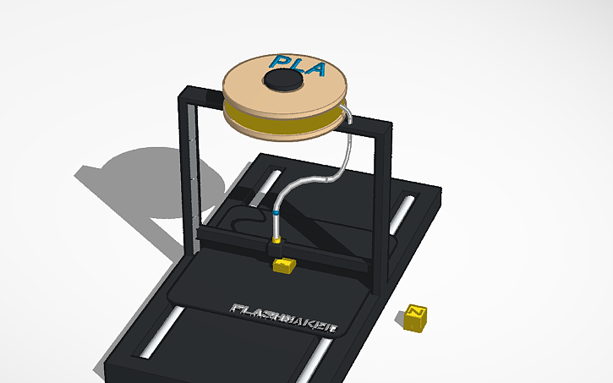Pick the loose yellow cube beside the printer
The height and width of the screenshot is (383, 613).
click(x=415, y=315)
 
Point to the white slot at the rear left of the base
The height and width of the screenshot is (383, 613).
click(x=269, y=181)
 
